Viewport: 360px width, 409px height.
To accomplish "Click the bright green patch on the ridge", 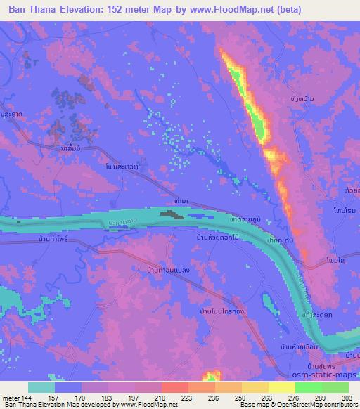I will [x=258, y=126].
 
